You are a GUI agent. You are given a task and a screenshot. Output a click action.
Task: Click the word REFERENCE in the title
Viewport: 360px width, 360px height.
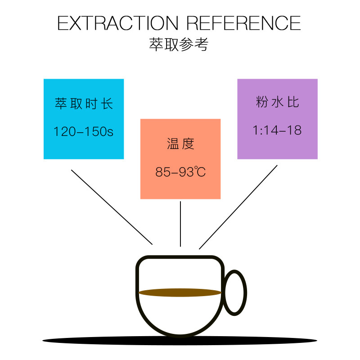click(243, 23)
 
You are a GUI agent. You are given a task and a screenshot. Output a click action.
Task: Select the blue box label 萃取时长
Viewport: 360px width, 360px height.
click(83, 104)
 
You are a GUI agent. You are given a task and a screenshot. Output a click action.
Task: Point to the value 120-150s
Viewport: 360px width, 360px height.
click(83, 131)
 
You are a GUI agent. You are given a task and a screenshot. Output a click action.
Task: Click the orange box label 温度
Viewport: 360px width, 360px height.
click(180, 144)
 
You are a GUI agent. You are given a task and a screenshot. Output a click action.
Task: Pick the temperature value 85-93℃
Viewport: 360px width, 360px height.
click(180, 172)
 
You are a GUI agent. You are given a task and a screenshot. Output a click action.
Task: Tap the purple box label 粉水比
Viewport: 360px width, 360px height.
click(277, 103)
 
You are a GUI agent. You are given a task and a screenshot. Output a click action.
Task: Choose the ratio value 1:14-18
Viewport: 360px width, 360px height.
click(277, 130)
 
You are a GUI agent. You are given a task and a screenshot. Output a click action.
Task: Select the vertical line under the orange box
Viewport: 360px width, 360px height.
click(180, 224)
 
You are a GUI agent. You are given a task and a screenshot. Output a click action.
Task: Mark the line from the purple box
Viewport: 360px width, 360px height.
click(238, 207)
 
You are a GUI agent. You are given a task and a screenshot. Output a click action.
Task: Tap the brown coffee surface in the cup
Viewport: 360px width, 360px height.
click(180, 293)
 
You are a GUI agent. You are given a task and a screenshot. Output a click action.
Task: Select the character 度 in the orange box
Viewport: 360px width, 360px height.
click(188, 144)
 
